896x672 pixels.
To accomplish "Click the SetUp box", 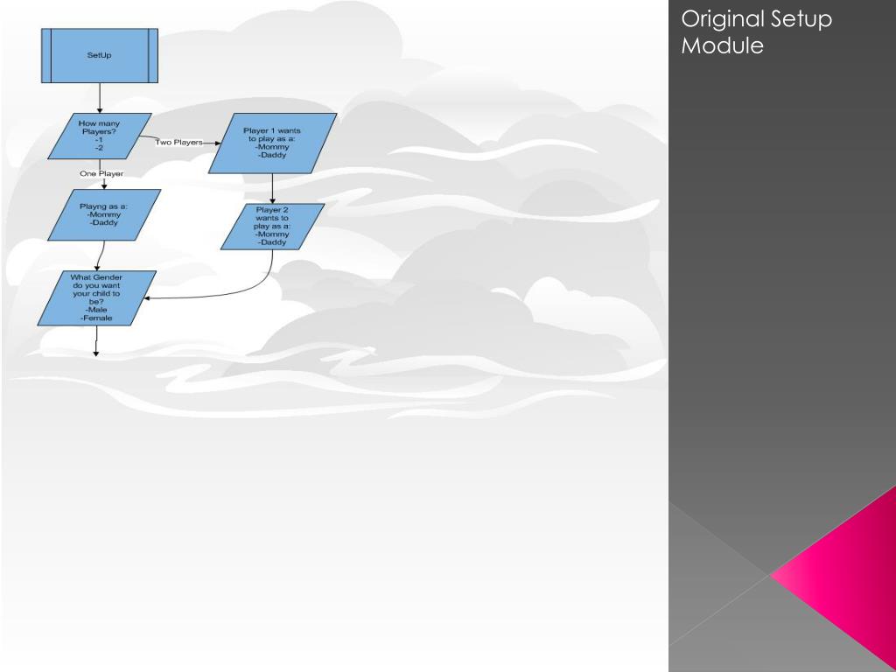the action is pyautogui.click(x=99, y=55).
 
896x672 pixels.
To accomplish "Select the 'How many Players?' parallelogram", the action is pyautogui.click(x=99, y=136).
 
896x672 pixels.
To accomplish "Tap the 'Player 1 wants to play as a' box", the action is pyautogui.click(x=272, y=143).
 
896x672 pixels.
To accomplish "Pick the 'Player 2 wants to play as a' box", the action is pyautogui.click(x=272, y=226).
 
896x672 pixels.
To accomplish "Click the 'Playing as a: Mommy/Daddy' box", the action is pyautogui.click(x=104, y=214).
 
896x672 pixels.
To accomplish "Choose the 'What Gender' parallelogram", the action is pyautogui.click(x=96, y=298).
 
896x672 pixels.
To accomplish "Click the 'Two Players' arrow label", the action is pyautogui.click(x=178, y=142).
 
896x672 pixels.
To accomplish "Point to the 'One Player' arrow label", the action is pyautogui.click(x=101, y=174).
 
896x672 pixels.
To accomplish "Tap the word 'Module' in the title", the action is pyautogui.click(x=722, y=45).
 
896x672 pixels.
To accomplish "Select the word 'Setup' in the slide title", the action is pyautogui.click(x=801, y=19).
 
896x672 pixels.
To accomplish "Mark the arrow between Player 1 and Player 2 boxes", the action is pyautogui.click(x=273, y=188).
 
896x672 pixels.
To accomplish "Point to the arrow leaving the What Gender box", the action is pyautogui.click(x=97, y=341).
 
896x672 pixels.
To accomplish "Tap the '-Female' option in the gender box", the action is pyautogui.click(x=96, y=318).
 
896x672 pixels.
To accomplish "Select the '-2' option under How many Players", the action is pyautogui.click(x=99, y=149).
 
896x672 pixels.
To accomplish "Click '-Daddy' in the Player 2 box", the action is pyautogui.click(x=272, y=242).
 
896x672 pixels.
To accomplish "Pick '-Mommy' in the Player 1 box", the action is pyautogui.click(x=272, y=147).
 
